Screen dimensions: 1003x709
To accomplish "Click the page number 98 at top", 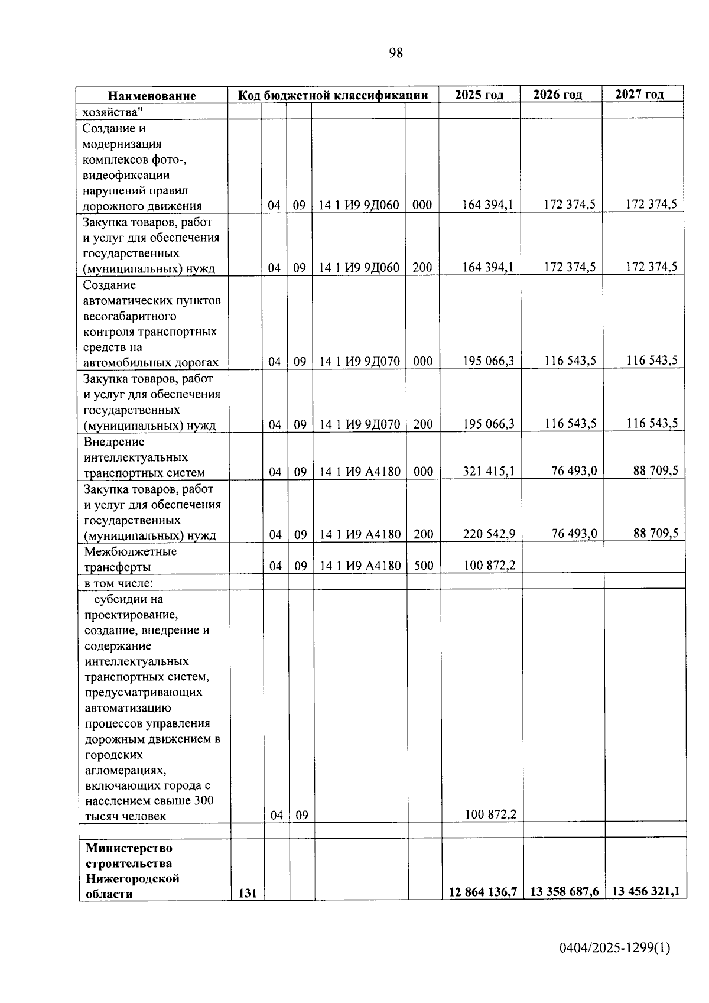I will click(x=396, y=53).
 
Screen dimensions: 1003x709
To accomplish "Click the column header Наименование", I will click(x=152, y=96).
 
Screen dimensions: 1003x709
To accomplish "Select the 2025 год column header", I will click(x=479, y=95).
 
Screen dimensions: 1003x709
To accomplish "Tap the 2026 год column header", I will click(x=557, y=95).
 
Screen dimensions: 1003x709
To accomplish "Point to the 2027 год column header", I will click(x=639, y=94).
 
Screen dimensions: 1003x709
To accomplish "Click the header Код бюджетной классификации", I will click(x=333, y=95).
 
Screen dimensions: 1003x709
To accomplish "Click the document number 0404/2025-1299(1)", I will click(x=614, y=949).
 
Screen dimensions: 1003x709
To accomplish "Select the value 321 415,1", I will click(x=489, y=471).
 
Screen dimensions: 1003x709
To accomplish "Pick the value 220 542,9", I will click(x=489, y=534).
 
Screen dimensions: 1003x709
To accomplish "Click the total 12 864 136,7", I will click(x=483, y=892).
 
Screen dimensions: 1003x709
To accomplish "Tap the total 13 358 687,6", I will click(x=564, y=892).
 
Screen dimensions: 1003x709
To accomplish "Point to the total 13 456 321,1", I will click(x=646, y=891).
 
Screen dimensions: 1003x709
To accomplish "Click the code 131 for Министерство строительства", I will click(x=248, y=894).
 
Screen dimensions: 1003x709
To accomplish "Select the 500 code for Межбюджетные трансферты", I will click(x=424, y=566).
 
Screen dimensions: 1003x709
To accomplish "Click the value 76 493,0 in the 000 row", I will click(x=574, y=470).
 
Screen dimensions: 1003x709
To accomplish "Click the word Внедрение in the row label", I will click(x=114, y=442).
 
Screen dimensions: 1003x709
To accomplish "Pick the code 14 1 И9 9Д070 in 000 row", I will click(x=360, y=361).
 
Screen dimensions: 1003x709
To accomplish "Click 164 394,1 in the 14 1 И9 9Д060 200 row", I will click(x=488, y=267).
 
